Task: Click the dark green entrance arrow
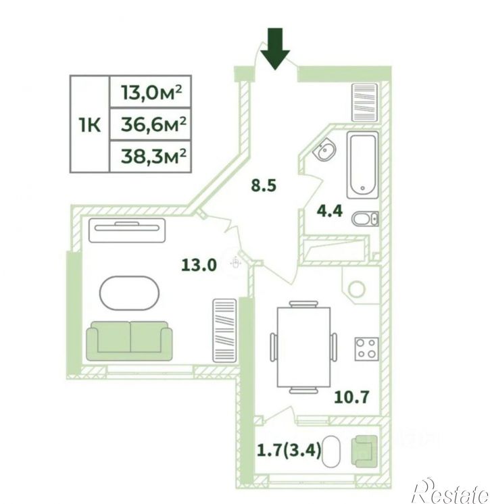(x=275, y=48)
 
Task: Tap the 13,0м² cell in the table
(x=151, y=93)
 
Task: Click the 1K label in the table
(x=90, y=125)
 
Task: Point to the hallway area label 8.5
(x=264, y=186)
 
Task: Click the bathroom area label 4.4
(x=330, y=211)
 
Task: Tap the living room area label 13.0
(x=199, y=266)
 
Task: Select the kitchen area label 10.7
(x=351, y=397)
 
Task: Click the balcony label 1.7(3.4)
(x=289, y=450)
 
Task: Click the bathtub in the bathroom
(x=363, y=165)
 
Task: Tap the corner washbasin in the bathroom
(x=324, y=149)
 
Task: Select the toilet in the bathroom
(x=365, y=219)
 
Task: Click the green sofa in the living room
(x=130, y=341)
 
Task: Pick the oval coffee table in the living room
(x=129, y=293)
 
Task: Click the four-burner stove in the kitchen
(x=366, y=349)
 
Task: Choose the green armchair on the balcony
(x=364, y=451)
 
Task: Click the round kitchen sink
(x=357, y=289)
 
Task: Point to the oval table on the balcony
(x=331, y=451)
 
